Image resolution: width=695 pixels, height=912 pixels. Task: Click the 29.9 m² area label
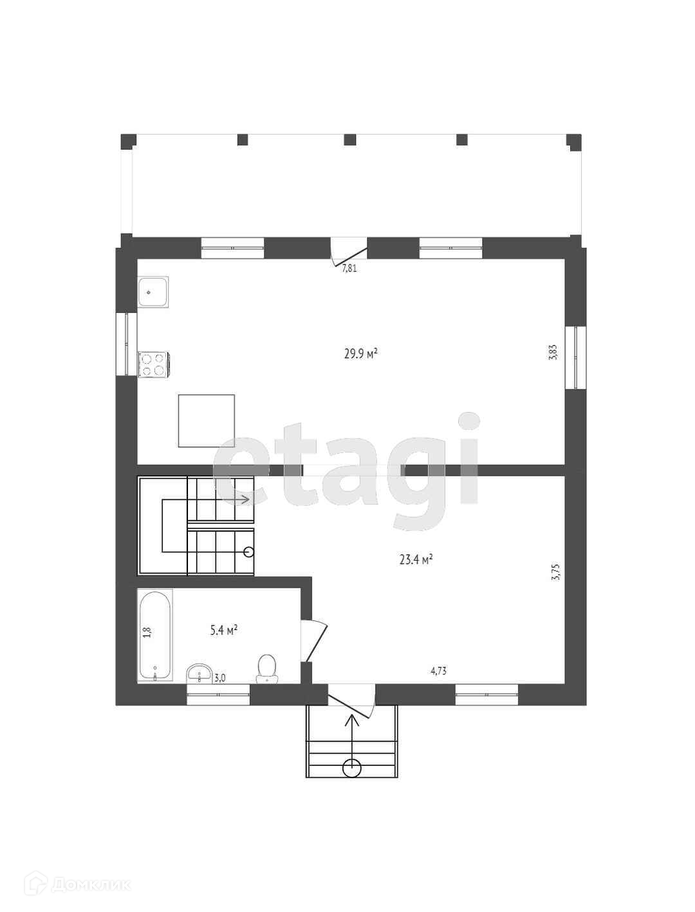[x=360, y=353]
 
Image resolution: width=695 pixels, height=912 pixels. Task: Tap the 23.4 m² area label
[x=416, y=560]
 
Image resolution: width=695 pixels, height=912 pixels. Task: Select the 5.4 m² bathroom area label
[x=223, y=631]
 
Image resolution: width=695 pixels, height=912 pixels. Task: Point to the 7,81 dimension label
[x=349, y=268]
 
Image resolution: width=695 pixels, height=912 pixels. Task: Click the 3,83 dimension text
[x=553, y=352]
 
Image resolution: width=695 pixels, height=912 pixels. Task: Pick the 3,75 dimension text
[x=556, y=572]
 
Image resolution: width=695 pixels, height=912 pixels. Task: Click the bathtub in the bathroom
[x=155, y=635]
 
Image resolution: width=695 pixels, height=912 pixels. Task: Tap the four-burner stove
[x=153, y=364]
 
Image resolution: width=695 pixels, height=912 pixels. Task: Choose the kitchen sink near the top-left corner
[x=153, y=292]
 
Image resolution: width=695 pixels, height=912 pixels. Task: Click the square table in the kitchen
[x=207, y=421]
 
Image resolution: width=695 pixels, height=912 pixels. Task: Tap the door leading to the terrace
[x=348, y=251]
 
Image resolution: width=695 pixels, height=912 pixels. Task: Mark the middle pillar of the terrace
[x=350, y=140]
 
